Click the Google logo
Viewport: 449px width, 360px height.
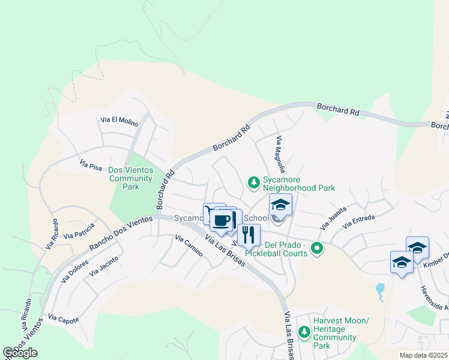[21, 353]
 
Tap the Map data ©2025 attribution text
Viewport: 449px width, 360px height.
[424, 355]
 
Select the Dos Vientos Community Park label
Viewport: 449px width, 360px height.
[130, 178]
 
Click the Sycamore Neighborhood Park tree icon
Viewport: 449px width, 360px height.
[253, 181]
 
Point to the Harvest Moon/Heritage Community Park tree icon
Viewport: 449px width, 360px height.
[304, 331]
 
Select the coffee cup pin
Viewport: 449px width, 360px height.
[221, 220]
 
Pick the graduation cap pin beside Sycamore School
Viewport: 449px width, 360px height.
[280, 205]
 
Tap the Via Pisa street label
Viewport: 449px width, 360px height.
[91, 163]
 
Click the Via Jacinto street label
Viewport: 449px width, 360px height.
[103, 266]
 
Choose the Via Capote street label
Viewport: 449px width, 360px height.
[63, 319]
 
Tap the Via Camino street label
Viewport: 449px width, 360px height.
[189, 247]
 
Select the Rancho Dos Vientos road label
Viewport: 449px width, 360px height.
[122, 234]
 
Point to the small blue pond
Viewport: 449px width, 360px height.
[380, 292]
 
